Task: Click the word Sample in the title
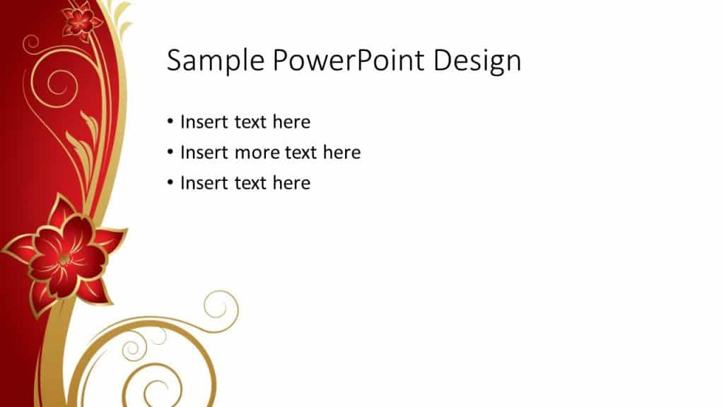pyautogui.click(x=216, y=61)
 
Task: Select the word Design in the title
pyautogui.click(x=477, y=61)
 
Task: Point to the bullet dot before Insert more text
pyautogui.click(x=170, y=153)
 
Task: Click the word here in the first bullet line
pyautogui.click(x=291, y=122)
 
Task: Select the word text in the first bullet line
pyautogui.click(x=250, y=122)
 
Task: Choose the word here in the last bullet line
pyautogui.click(x=291, y=183)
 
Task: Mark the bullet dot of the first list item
pyautogui.click(x=170, y=122)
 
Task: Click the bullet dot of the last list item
pyautogui.click(x=170, y=183)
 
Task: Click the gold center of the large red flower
pyautogui.click(x=64, y=259)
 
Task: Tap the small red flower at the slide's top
pyautogui.click(x=81, y=20)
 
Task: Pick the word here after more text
pyautogui.click(x=341, y=153)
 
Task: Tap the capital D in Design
pyautogui.click(x=443, y=61)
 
